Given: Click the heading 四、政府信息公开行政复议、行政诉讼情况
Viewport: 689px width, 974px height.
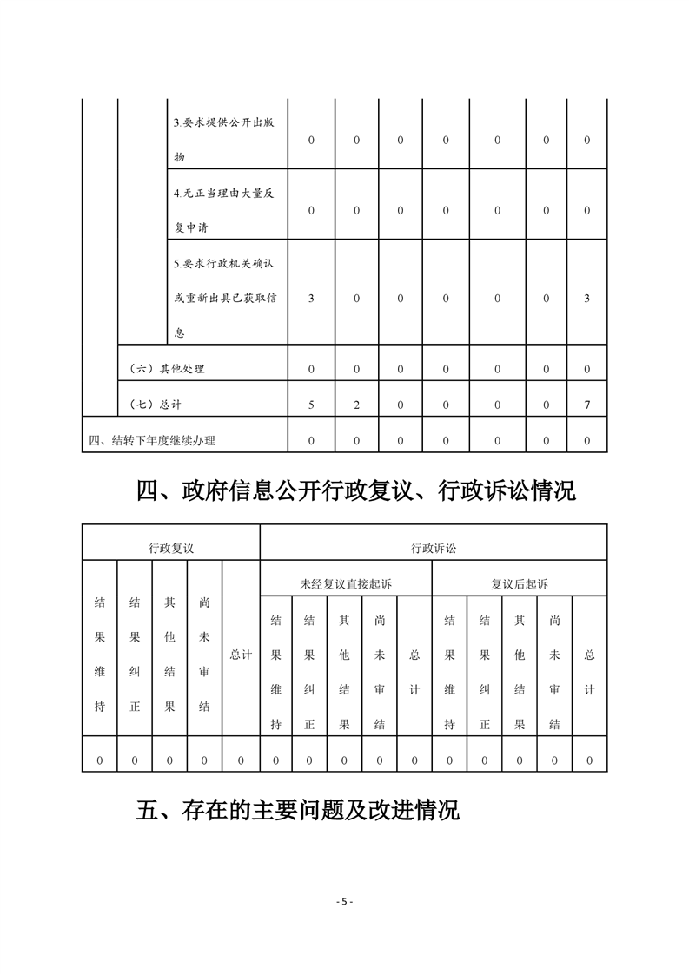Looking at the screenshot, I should click(x=356, y=491).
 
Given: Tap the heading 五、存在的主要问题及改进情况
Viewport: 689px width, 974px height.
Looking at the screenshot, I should click(x=298, y=810).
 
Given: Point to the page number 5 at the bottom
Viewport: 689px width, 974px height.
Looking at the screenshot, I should click(x=344, y=901).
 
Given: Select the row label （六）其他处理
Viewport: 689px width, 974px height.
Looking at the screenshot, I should click(x=167, y=369).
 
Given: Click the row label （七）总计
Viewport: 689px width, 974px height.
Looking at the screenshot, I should click(x=156, y=405).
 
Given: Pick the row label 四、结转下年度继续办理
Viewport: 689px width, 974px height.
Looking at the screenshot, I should click(x=152, y=440).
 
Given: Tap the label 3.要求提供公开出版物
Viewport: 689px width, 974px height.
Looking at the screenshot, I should click(x=223, y=140).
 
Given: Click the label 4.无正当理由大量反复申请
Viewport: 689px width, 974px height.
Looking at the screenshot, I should click(x=223, y=210).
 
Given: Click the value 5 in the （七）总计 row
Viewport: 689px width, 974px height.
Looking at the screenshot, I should click(x=311, y=405).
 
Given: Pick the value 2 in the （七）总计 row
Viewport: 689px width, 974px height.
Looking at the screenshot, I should click(x=356, y=405).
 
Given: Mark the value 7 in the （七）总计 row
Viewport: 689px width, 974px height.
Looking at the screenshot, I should click(x=586, y=405).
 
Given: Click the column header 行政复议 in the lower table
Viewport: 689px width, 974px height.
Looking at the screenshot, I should click(x=170, y=548).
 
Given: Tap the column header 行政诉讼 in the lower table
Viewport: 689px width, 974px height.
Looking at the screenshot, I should click(x=434, y=548).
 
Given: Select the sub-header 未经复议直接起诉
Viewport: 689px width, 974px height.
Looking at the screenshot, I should click(x=346, y=584).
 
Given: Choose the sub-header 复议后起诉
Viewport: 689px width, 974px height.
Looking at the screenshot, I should click(x=520, y=584).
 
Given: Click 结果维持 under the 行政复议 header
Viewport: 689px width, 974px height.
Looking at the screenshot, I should click(x=100, y=654).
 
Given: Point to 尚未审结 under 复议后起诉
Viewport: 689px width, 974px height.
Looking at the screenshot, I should click(x=554, y=672).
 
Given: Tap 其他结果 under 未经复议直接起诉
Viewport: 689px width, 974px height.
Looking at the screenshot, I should click(x=345, y=672).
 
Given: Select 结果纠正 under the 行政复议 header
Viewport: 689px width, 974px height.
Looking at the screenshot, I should click(x=135, y=654).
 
